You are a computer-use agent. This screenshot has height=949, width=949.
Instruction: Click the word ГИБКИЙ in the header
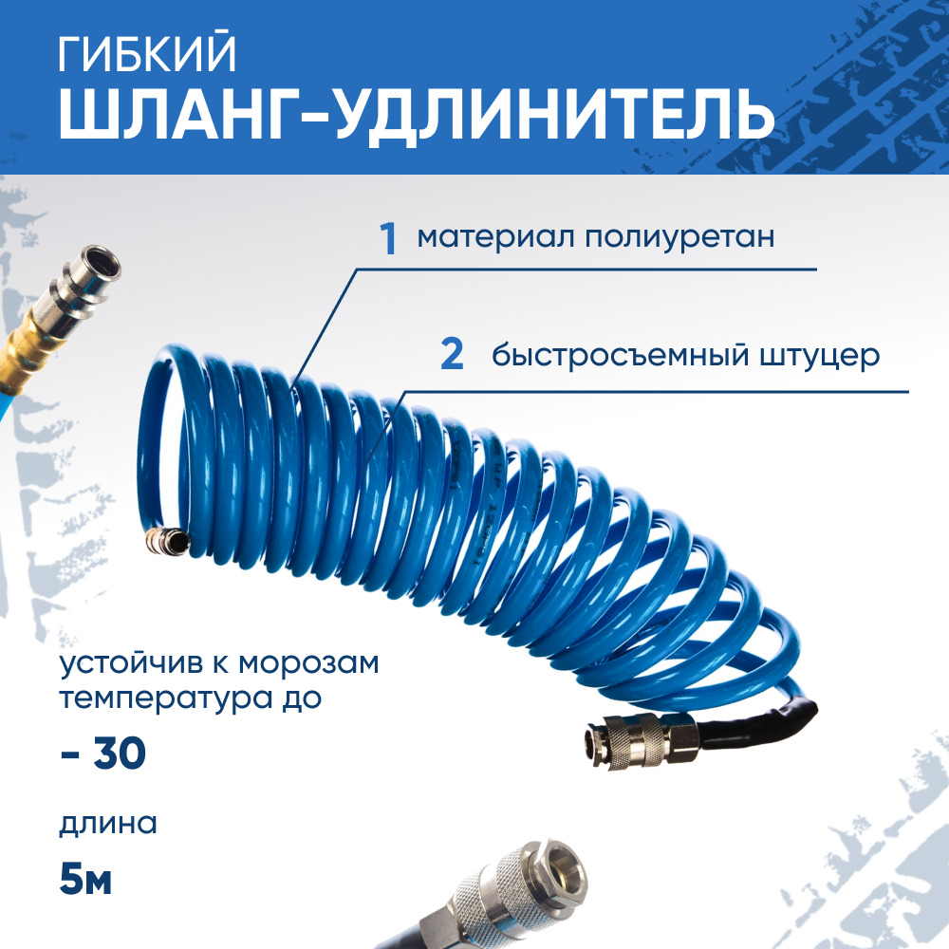pos(147,54)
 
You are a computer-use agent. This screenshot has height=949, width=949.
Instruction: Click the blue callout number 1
pos(388,238)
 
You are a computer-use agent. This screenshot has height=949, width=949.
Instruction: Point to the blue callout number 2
pos(452,355)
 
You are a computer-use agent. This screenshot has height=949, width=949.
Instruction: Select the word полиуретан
pos(679,238)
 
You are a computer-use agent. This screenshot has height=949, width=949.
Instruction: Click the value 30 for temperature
pos(120,753)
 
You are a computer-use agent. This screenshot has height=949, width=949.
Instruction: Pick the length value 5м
pos(85,880)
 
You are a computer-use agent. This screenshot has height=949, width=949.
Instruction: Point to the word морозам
pos(308,663)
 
